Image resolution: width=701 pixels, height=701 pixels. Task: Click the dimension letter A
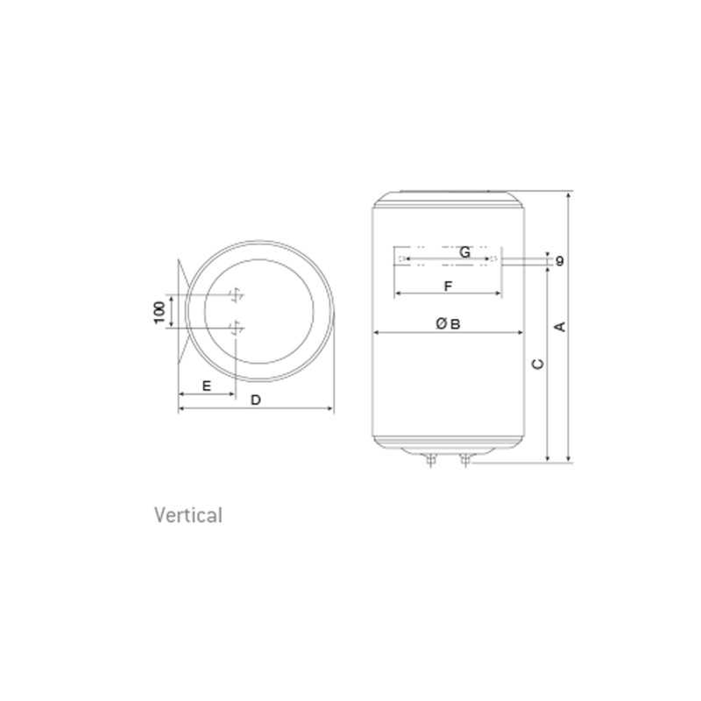(x=560, y=327)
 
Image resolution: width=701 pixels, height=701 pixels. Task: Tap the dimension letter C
(x=538, y=364)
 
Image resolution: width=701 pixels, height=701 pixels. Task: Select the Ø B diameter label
(x=448, y=323)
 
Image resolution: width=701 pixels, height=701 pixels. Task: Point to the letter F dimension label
(x=449, y=286)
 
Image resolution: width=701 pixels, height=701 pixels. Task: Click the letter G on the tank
(x=465, y=252)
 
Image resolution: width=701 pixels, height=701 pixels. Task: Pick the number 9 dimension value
(x=560, y=260)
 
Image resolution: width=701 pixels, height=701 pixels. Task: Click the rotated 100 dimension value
(x=159, y=312)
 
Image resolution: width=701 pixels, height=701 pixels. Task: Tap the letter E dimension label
(x=207, y=386)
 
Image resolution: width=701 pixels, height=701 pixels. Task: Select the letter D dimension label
(x=256, y=400)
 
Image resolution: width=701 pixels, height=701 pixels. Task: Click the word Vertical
(x=188, y=515)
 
